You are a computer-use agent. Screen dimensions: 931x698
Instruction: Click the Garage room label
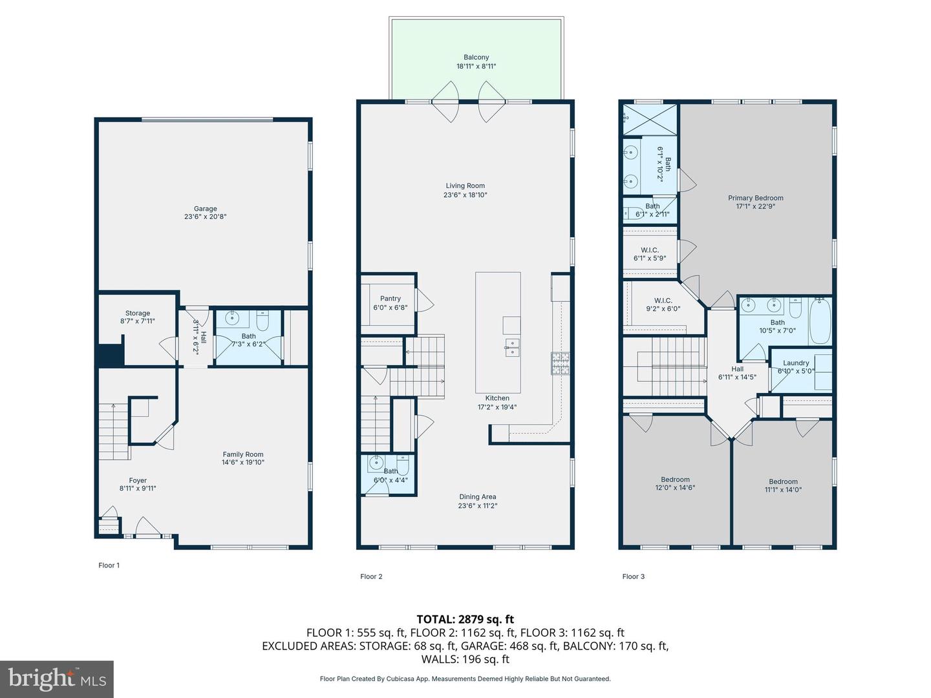(206, 209)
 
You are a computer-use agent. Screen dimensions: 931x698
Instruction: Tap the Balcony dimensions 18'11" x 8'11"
(476, 66)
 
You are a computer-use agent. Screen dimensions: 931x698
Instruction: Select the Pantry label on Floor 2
(391, 299)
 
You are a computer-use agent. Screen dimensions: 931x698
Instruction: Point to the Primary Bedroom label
(755, 198)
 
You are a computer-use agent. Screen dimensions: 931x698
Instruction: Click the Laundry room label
(796, 363)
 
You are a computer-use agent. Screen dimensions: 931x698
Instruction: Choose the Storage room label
(138, 313)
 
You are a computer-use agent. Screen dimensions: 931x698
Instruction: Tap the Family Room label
(243, 454)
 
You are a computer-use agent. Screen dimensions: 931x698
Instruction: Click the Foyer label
(138, 480)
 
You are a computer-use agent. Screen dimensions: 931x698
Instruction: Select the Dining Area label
(478, 496)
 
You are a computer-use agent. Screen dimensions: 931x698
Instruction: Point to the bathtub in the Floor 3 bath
(820, 322)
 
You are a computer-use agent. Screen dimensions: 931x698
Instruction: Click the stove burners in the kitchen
(561, 364)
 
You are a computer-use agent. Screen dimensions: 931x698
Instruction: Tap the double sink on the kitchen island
(512, 348)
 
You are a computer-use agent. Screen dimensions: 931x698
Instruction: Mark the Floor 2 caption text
(371, 576)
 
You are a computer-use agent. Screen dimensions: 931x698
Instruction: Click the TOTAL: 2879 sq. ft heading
(465, 619)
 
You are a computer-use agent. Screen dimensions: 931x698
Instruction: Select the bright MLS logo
(57, 679)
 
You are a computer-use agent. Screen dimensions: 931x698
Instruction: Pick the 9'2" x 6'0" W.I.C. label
(663, 304)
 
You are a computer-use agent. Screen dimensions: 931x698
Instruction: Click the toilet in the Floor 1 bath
(263, 321)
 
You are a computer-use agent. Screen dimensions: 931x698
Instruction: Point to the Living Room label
(465, 185)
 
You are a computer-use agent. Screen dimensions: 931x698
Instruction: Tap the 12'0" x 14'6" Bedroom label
(675, 483)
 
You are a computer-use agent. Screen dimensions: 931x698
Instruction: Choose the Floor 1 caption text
(109, 565)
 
